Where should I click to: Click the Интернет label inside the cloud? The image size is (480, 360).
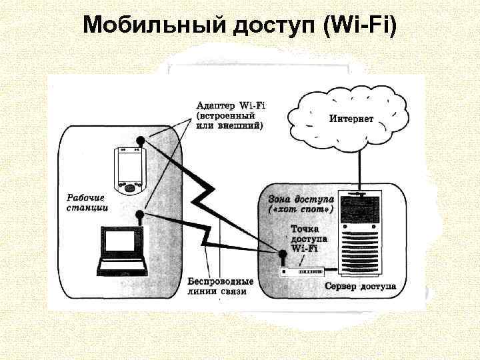tap(351, 119)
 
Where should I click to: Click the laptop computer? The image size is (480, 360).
tap(123, 253)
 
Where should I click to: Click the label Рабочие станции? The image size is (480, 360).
tap(87, 202)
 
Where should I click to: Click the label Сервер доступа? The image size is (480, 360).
tap(359, 287)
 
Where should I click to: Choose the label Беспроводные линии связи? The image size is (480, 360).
tap(220, 286)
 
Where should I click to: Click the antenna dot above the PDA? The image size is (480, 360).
tap(140, 140)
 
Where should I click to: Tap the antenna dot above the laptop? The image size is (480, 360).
tap(139, 215)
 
